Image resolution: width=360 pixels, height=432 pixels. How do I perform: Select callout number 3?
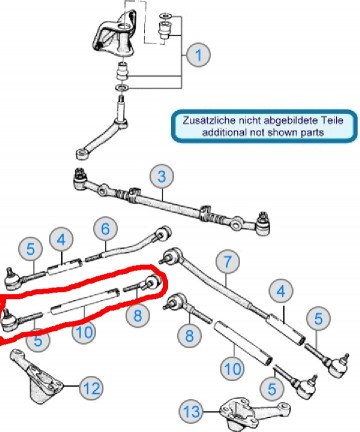[x=159, y=177]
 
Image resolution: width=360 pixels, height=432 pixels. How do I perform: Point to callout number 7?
[x=227, y=262]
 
